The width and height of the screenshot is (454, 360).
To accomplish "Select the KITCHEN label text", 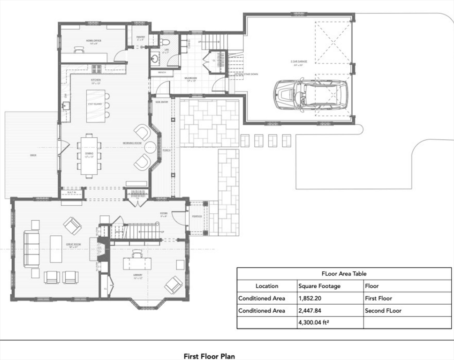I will click(96, 80).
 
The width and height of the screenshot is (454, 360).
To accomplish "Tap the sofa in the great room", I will click(32, 249).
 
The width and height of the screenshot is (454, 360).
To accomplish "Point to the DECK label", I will click(33, 155).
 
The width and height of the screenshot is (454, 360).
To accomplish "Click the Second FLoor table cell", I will click(383, 310).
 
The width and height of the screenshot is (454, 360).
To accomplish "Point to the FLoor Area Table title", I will click(344, 273).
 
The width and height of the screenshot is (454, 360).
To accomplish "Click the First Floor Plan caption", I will click(209, 356).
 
